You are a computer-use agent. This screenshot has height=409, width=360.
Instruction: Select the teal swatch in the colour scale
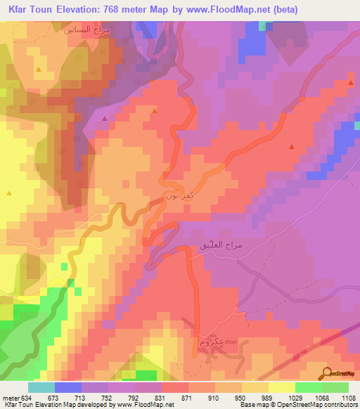[x=41, y=387]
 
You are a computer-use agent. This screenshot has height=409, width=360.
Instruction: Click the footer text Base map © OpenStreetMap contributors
[x=298, y=404]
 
